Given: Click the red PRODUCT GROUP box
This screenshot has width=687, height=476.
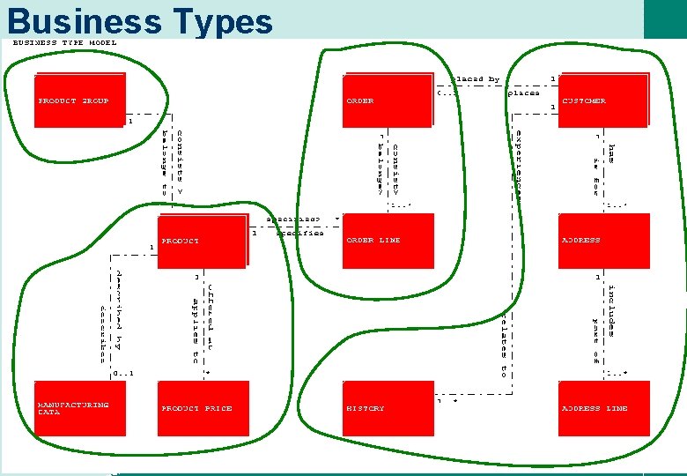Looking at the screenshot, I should [79, 100].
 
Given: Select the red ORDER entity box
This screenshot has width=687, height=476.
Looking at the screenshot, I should [388, 100].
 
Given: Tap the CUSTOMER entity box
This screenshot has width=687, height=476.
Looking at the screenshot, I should [603, 100].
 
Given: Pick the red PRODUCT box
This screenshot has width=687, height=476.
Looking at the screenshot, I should [202, 241].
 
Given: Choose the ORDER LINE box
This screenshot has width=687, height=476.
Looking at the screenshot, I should [388, 241].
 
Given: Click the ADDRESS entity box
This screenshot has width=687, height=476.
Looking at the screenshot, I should [603, 241].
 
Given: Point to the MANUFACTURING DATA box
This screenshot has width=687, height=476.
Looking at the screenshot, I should [79, 408].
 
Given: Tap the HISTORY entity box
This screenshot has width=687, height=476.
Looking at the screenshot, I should [388, 408].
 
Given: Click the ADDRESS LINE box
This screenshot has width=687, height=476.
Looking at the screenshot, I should [603, 408].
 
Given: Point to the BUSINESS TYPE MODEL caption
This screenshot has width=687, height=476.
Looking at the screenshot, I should [64, 42].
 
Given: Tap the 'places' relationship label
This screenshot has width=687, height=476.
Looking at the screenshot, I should [524, 93].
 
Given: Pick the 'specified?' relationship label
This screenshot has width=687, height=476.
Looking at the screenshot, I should [293, 219].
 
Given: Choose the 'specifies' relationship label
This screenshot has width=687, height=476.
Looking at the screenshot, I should [300, 233].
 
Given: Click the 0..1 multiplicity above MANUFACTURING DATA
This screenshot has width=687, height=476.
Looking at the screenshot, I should [123, 373].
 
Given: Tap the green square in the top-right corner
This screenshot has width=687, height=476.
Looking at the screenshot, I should [665, 19].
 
